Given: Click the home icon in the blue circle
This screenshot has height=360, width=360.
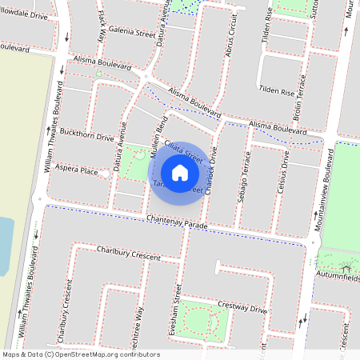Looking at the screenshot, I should (180, 172).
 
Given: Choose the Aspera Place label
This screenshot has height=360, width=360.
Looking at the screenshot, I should (78, 171).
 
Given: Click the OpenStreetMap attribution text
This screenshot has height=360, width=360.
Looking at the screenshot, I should (81, 354).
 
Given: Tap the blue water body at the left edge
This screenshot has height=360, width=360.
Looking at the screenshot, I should (4, 244).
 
